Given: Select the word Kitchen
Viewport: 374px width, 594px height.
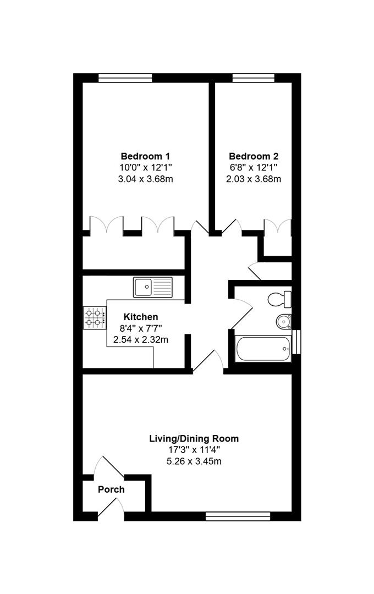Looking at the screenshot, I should click(x=141, y=317).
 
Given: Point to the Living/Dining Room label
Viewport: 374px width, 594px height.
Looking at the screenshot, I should click(x=194, y=438).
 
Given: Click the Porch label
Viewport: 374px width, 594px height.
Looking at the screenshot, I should click(x=111, y=489).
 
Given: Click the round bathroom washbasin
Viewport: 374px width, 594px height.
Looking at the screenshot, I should click(x=284, y=320).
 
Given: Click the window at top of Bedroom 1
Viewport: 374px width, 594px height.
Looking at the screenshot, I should click(x=125, y=78).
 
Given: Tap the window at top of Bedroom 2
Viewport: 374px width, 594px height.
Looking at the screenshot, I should click(x=253, y=78).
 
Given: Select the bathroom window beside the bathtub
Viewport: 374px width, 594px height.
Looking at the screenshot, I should click(x=298, y=341).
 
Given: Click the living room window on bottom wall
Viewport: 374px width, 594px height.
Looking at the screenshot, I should click(x=238, y=516).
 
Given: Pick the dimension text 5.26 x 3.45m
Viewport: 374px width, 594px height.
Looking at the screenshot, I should click(x=194, y=461).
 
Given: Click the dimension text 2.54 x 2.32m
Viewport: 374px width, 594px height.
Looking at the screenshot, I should click(x=141, y=340).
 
